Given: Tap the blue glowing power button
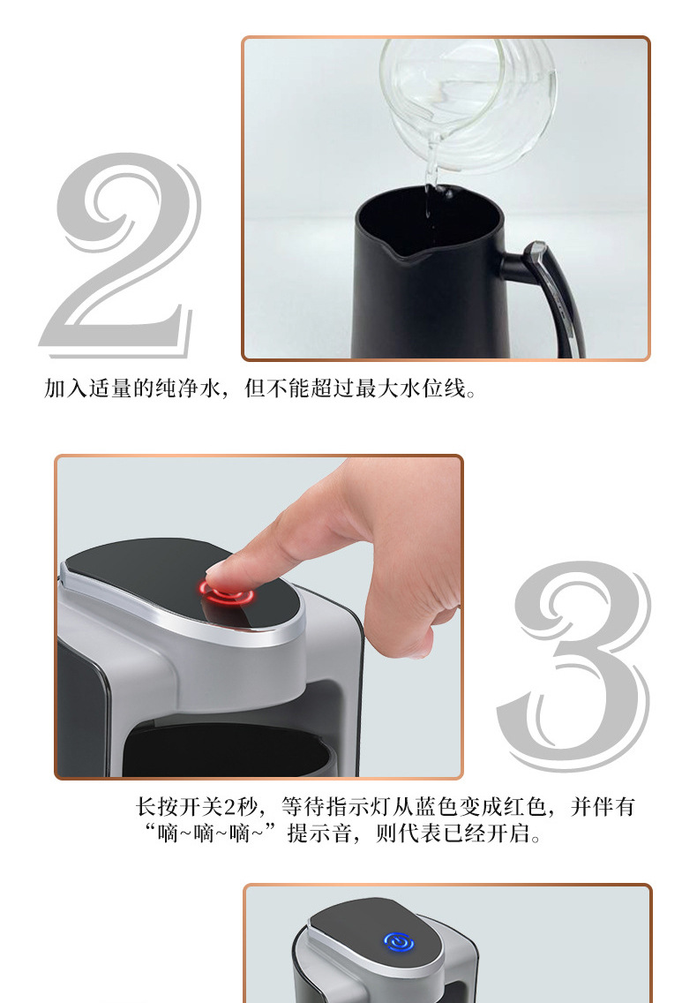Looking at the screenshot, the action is tap(399, 942).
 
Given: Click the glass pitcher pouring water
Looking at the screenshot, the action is tap(468, 102).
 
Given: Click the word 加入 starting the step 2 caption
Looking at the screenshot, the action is tap(65, 388).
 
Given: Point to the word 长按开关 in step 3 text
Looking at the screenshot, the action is tap(178, 806).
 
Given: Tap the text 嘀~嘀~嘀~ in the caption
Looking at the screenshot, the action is tap(210, 833).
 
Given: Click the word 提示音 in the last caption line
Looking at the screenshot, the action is tap(319, 833).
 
